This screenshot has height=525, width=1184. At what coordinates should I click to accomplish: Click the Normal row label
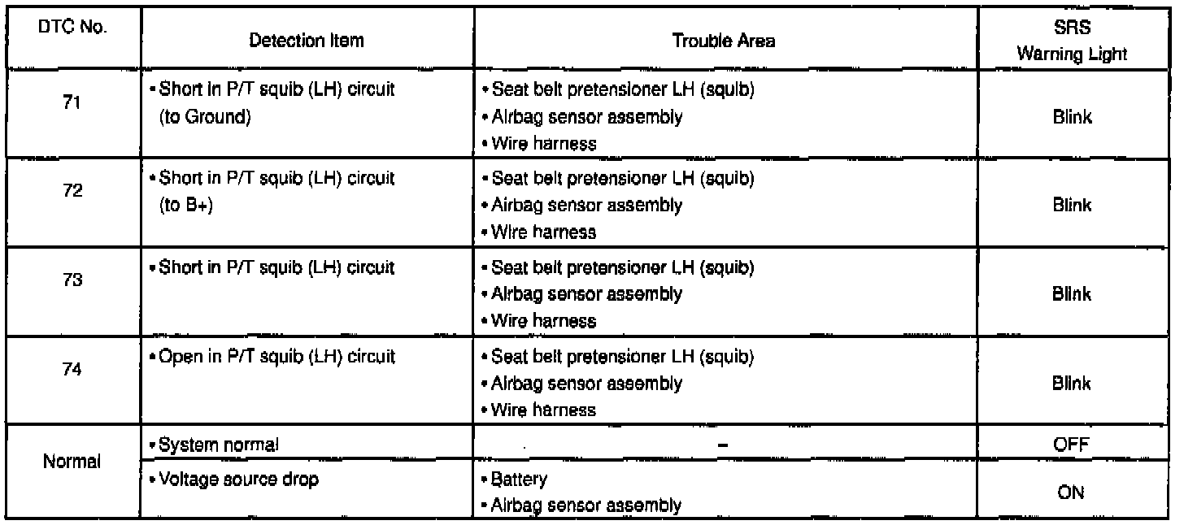coord(69,462)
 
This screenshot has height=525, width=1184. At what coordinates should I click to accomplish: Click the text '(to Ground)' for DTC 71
coord(202,116)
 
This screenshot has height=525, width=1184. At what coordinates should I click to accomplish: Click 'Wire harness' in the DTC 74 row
coord(543,410)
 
